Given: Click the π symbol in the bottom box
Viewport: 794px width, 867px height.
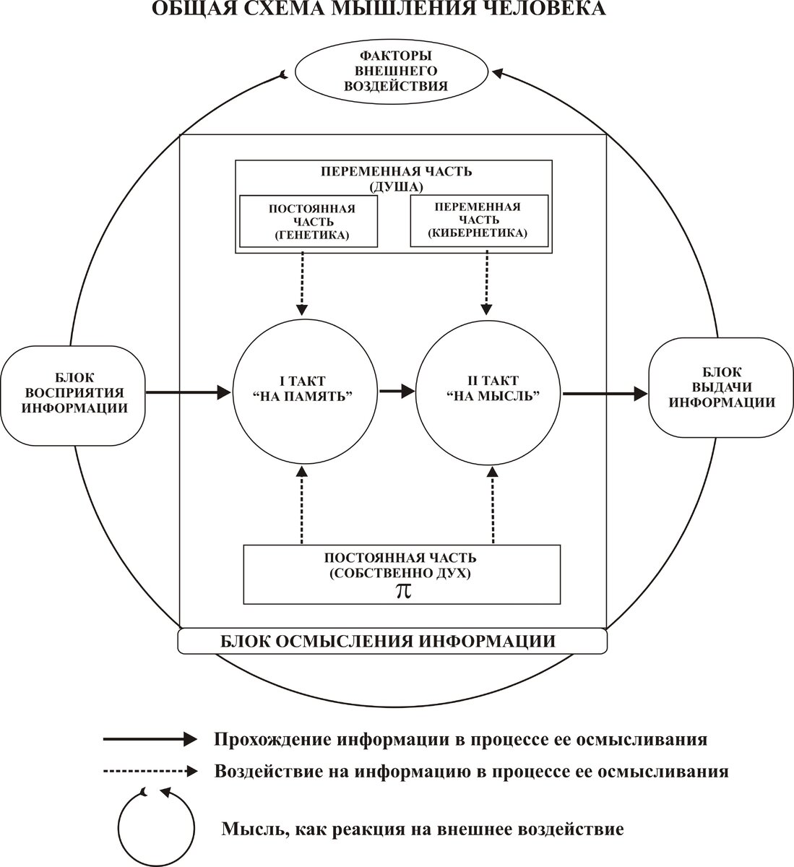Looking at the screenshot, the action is coord(403,591).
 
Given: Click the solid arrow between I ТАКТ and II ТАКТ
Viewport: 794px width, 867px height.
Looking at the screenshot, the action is coord(397,391).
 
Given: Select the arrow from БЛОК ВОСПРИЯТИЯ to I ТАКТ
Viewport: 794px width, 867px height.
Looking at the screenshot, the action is coord(188,392).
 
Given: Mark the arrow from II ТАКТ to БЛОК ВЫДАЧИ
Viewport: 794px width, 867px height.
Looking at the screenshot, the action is coord(605,393).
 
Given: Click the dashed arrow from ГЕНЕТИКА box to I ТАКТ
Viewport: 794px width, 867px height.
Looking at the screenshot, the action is coord(302,282).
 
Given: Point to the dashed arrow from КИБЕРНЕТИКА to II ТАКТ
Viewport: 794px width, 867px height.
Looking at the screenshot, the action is coord(487,282).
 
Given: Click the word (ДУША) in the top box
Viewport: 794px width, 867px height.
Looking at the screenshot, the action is coord(396,186).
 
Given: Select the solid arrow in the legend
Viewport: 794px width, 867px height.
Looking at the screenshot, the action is coord(150,740).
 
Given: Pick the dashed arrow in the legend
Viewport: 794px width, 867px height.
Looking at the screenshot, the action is coord(150,771).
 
